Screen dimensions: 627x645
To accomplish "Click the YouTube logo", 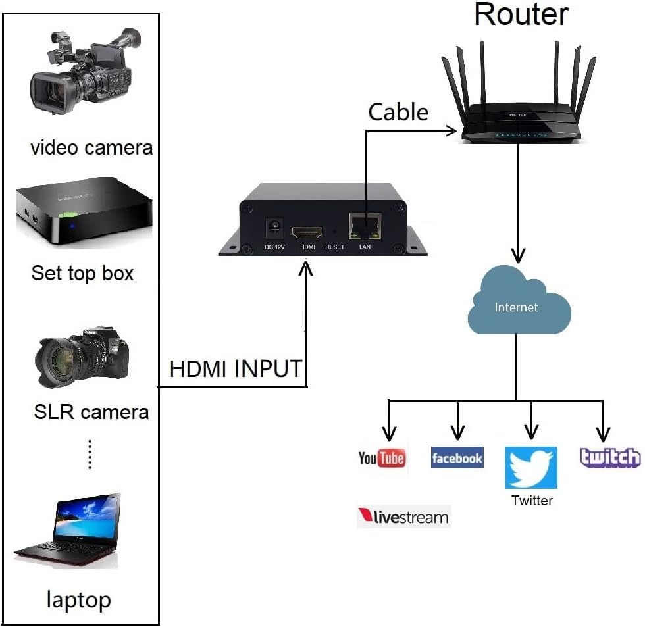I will point(382,458).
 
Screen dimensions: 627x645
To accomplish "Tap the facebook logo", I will point(457,458).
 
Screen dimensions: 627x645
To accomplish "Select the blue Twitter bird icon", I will point(531,467).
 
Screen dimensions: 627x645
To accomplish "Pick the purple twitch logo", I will point(610,458).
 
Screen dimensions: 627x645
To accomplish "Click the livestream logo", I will point(403,516).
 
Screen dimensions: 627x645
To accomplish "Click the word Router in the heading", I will point(521,14).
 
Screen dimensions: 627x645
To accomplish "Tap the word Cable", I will point(398,112).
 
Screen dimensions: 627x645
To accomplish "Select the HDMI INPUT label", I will point(236,369).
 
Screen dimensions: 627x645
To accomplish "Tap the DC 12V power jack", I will point(272,231).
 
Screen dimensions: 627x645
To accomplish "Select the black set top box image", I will point(83,211).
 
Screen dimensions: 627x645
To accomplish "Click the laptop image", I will point(68,530).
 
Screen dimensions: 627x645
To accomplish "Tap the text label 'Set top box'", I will point(82,273).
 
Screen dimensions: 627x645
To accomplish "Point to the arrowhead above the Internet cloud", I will point(519,255).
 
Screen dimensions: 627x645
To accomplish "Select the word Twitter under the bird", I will point(532,501).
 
